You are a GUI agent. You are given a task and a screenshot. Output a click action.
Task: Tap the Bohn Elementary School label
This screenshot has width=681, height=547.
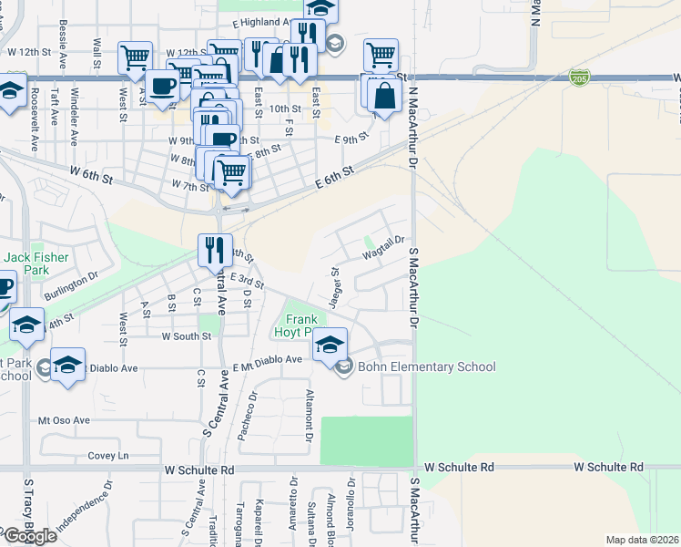click(x=426, y=367)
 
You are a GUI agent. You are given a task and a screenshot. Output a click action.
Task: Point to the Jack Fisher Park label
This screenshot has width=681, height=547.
click(x=36, y=264)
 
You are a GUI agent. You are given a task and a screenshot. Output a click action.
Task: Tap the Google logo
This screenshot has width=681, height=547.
click(x=29, y=536)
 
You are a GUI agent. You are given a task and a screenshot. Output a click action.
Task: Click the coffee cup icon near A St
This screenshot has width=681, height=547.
click(x=163, y=87)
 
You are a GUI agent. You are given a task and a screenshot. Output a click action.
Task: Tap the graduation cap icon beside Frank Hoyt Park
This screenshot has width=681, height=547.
click(x=330, y=346)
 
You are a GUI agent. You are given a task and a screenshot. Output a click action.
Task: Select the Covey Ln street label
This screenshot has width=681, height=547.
click(x=108, y=455)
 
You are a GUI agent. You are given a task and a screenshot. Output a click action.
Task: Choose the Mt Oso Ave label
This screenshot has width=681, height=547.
click(x=64, y=420)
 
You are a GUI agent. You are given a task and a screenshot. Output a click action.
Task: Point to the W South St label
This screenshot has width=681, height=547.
click(x=187, y=336)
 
